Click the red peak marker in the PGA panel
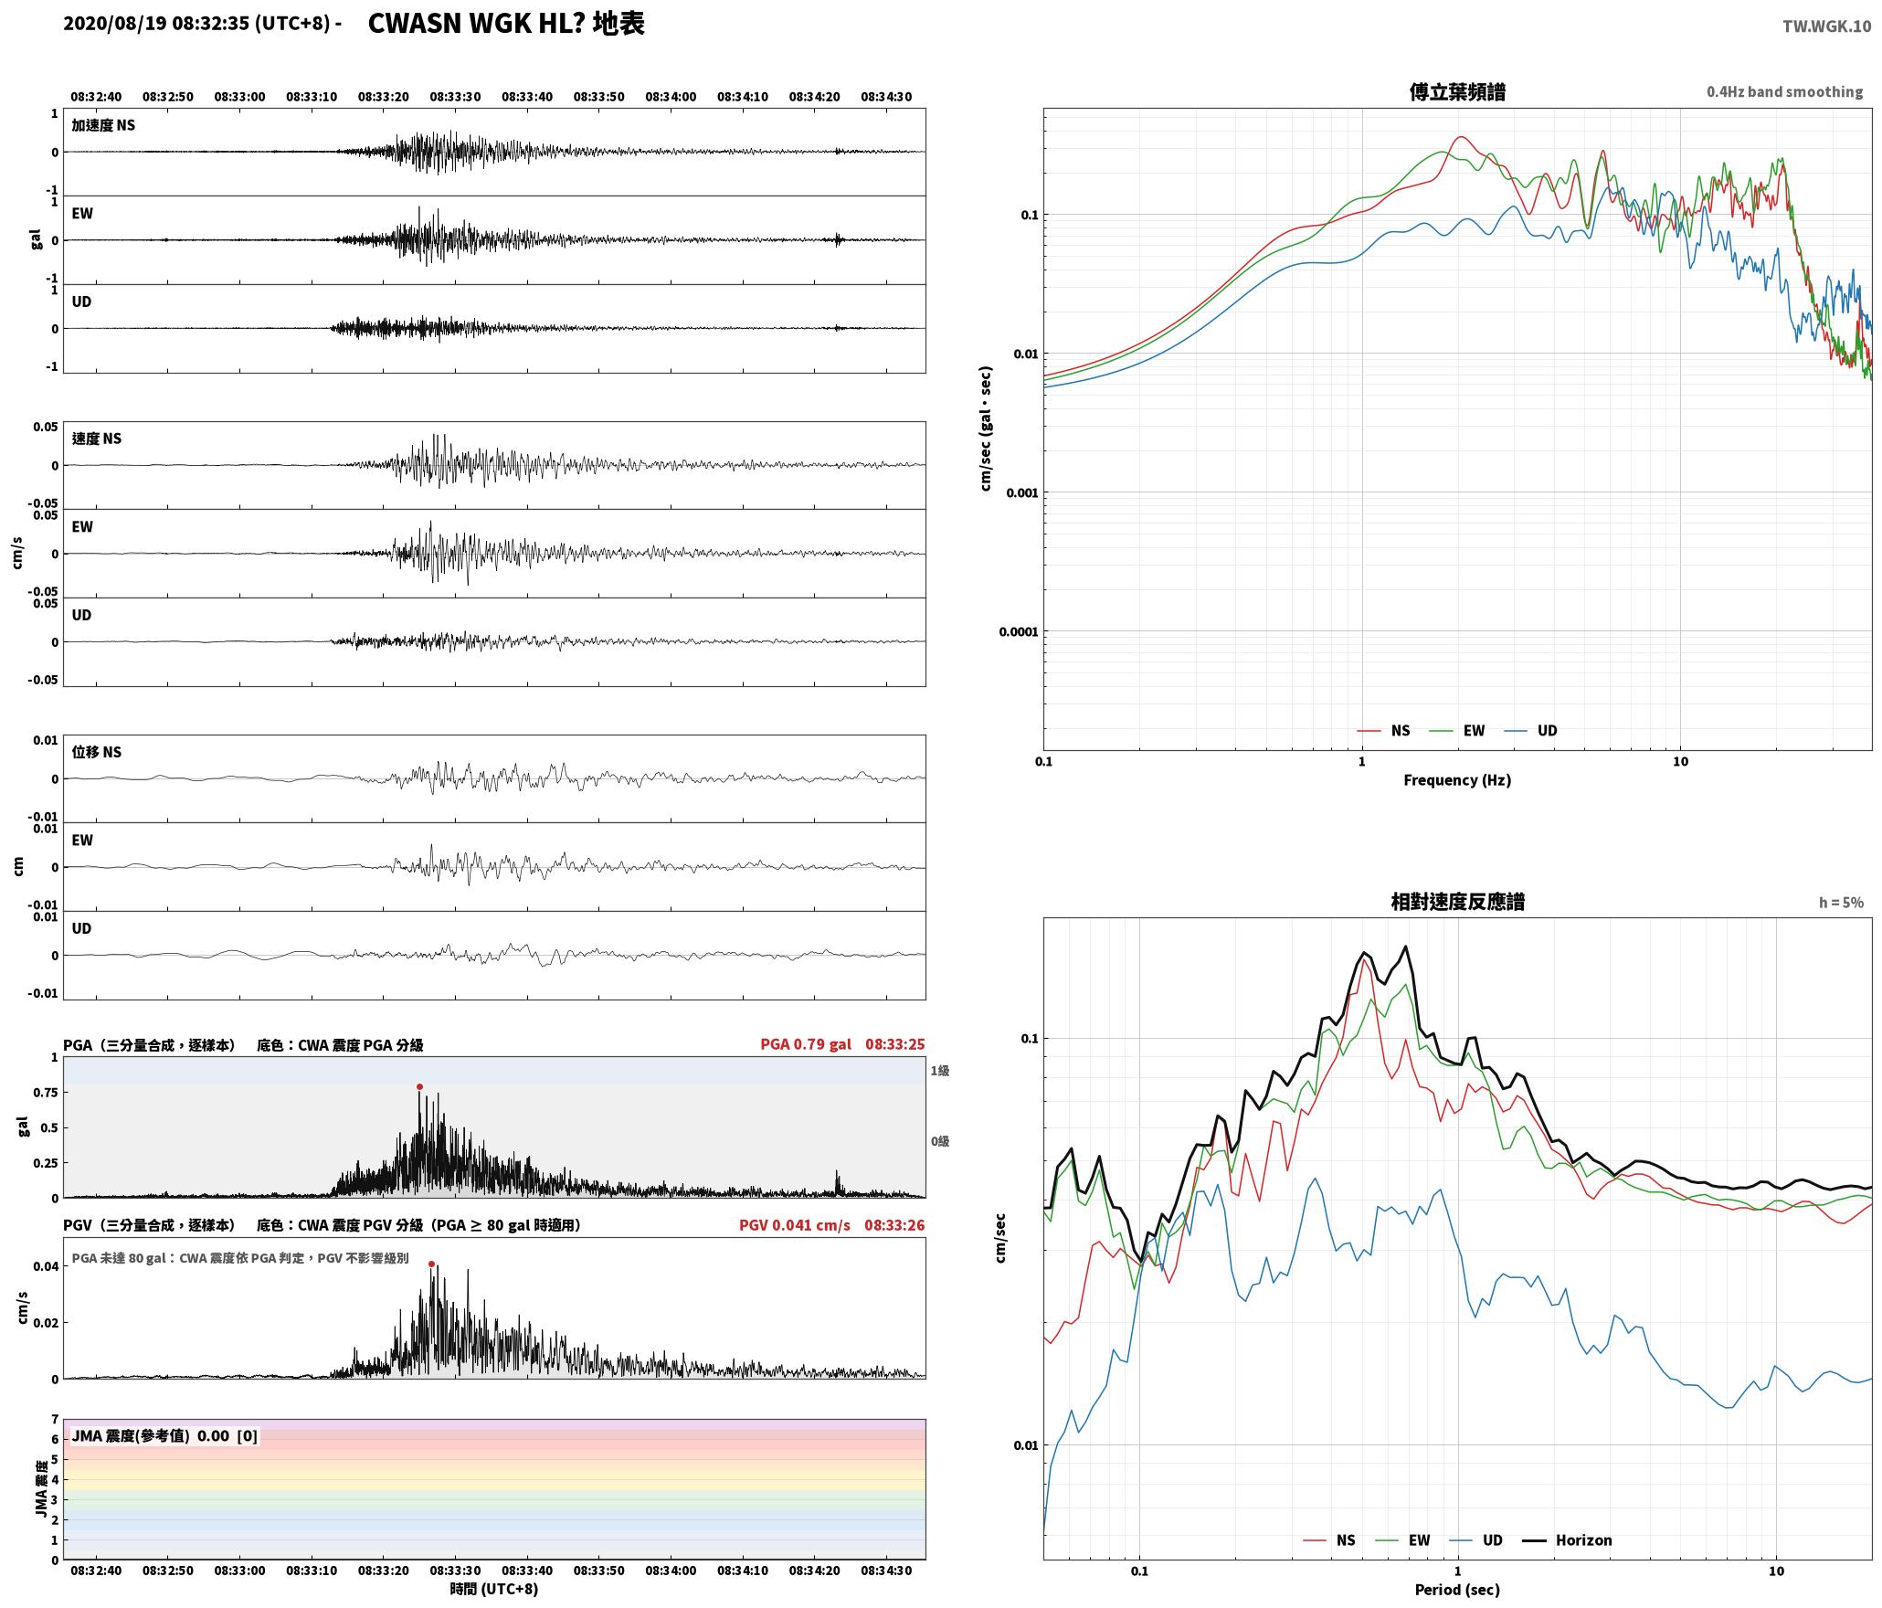click(419, 1086)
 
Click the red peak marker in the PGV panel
click(431, 1264)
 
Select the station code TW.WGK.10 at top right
click(1826, 26)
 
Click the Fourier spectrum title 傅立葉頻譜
click(1457, 92)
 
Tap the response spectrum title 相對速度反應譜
click(1457, 902)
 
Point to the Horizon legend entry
click(1567, 1540)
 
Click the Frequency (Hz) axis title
click(1457, 780)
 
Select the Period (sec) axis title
click(1457, 1590)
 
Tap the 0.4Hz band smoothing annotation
click(1784, 92)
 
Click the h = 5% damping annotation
click(1841, 903)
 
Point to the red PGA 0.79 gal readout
click(806, 1044)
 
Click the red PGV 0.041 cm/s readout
click(795, 1225)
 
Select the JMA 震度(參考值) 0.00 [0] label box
click(164, 1436)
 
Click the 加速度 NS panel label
click(103, 125)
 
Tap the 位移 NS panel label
click(97, 752)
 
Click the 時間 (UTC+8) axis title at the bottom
click(494, 1589)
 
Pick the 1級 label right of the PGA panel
click(940, 1071)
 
